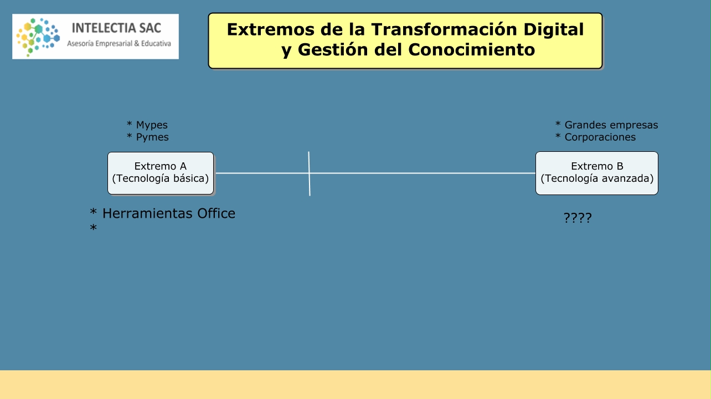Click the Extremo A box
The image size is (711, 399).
(161, 173)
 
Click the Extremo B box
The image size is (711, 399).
(597, 173)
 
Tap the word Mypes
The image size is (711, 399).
(152, 125)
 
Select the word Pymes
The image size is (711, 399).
(152, 137)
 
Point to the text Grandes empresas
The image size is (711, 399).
(611, 125)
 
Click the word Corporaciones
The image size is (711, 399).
(600, 137)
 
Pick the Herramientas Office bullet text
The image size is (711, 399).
(169, 213)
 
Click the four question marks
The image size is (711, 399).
(578, 218)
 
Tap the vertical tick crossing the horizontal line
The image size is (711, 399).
(309, 173)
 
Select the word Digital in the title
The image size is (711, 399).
(554, 29)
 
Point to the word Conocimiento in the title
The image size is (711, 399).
(471, 50)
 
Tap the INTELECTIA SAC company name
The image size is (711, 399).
(116, 28)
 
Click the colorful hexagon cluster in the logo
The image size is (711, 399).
(38, 37)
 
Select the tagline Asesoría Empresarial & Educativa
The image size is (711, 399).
(119, 44)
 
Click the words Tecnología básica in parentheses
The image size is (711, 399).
(161, 178)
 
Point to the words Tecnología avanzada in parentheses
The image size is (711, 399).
(597, 178)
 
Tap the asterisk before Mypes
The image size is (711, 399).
(129, 124)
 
